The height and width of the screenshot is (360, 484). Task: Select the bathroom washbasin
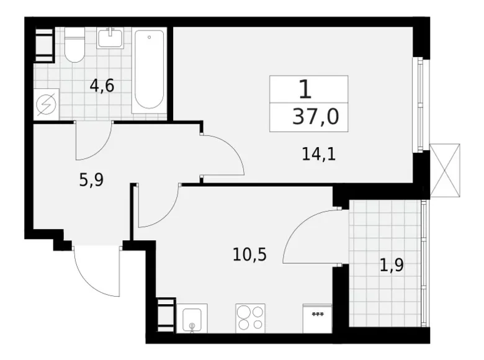[x=110, y=38]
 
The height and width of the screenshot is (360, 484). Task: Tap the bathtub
[x=149, y=70]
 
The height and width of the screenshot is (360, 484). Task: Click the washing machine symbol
[x=46, y=104]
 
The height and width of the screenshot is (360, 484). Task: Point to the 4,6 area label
[x=102, y=86]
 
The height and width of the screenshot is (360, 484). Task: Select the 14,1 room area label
[x=318, y=154]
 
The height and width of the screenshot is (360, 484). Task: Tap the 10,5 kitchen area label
[x=249, y=254]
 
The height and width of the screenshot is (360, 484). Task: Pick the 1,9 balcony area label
[x=392, y=266]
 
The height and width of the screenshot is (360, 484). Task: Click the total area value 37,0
[x=315, y=117]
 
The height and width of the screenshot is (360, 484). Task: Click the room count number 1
[x=305, y=89]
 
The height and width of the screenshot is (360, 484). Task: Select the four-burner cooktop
[x=250, y=318]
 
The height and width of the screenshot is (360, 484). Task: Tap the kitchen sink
[x=192, y=318]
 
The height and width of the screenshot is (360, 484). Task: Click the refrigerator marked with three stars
[x=317, y=318]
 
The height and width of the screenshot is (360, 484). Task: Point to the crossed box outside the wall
[x=445, y=170]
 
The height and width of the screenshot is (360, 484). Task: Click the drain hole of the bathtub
[x=149, y=37]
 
